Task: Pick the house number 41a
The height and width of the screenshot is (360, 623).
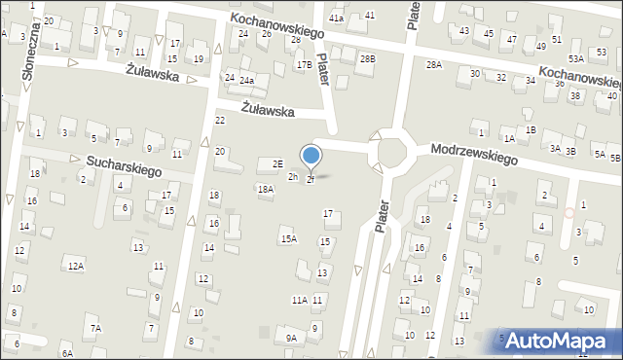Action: click(x=337, y=18)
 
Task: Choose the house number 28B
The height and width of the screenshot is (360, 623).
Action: click(x=367, y=59)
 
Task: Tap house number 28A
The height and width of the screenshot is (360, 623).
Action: click(x=434, y=64)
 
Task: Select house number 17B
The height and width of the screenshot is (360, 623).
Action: click(x=305, y=65)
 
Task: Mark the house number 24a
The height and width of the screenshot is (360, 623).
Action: click(x=247, y=81)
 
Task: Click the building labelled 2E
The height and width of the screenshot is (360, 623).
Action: click(x=277, y=163)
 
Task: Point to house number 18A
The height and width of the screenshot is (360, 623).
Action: click(x=265, y=189)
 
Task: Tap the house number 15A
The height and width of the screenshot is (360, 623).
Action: click(x=288, y=238)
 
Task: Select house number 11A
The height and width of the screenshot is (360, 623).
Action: click(x=299, y=301)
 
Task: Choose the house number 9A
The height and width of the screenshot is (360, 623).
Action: click(x=291, y=338)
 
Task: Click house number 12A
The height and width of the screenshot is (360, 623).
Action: click(x=75, y=266)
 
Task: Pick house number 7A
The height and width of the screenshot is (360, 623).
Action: click(x=95, y=329)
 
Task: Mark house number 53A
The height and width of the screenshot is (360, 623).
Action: click(x=576, y=58)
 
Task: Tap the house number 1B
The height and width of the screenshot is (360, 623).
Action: click(x=530, y=129)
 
